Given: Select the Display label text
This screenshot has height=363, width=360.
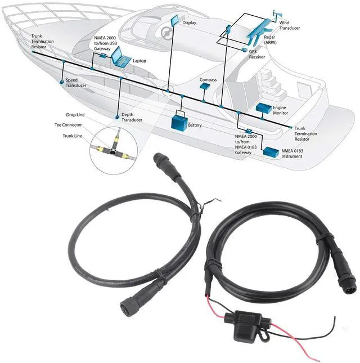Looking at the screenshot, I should [x=190, y=23].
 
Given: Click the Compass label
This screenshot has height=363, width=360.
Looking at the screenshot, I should [x=208, y=80].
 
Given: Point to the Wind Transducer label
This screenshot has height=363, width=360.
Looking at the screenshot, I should [x=290, y=25].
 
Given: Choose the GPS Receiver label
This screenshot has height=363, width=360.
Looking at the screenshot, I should [x=257, y=53].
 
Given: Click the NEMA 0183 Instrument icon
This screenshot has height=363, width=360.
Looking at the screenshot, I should [x=271, y=152].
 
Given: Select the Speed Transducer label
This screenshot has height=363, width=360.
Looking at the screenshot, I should [x=75, y=83].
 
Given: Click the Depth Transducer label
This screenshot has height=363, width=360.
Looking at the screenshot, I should [x=132, y=117].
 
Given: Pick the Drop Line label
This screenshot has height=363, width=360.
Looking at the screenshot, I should [x=75, y=114].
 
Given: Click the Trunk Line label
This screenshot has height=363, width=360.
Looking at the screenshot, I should [x=72, y=136].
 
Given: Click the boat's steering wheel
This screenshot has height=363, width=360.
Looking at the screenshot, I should [x=167, y=34].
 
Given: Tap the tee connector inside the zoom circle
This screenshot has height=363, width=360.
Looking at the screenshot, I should [x=112, y=151].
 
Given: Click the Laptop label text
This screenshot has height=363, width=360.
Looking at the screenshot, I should [x=139, y=60].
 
